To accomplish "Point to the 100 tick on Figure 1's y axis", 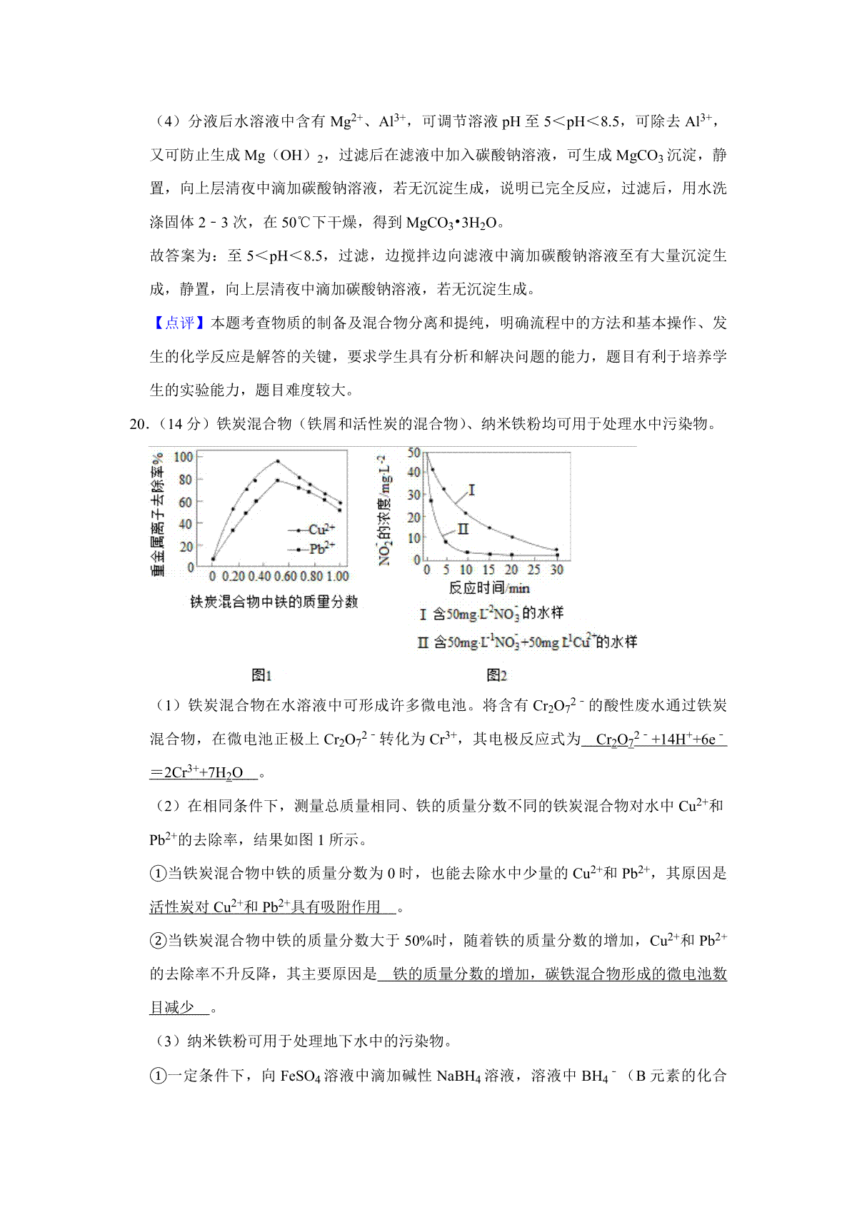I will click(184, 457).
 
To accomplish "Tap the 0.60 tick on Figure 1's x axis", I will click(285, 576).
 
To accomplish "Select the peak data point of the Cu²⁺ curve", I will click(278, 461).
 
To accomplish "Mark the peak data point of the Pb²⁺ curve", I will click(278, 480).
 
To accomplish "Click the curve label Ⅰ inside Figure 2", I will click(472, 490).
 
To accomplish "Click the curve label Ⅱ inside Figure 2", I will click(463, 529).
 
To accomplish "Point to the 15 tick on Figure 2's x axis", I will click(488, 570).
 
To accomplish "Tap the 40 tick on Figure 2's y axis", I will click(414, 472).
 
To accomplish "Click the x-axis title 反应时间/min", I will click(489, 588).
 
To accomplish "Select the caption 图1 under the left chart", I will click(261, 675).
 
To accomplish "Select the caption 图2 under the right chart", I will click(496, 675).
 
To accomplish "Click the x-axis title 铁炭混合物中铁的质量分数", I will click(274, 602).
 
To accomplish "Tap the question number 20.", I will click(138, 424).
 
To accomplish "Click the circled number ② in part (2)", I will click(158, 941).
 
